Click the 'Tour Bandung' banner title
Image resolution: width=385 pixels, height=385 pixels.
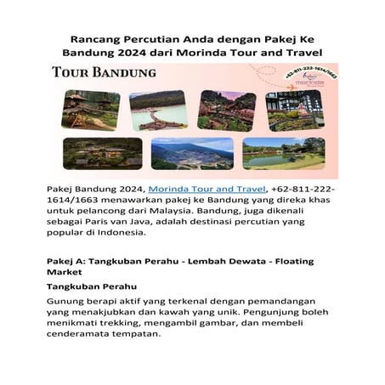104,72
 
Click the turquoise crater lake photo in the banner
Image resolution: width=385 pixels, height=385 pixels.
158,110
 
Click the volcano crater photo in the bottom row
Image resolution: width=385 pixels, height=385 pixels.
192,153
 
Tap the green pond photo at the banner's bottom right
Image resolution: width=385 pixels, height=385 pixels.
283,153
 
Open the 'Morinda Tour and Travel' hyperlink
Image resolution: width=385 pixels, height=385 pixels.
207,188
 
